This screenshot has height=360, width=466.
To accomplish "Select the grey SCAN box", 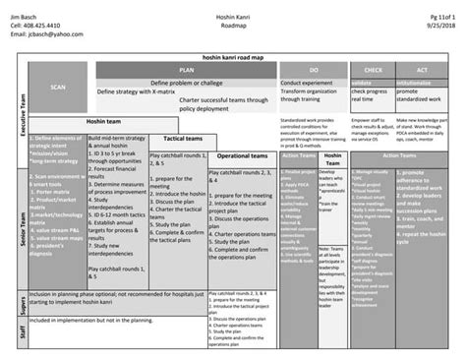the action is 56,88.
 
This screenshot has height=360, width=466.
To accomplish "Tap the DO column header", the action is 314,71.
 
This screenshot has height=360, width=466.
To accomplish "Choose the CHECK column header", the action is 373,71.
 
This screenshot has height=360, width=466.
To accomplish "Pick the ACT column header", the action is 422,71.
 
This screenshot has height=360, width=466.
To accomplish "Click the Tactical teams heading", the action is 183,139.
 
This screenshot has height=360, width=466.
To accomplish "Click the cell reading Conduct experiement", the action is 308,83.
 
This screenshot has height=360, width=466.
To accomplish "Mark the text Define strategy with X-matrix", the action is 143,90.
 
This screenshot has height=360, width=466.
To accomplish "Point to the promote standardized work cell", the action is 423,94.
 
